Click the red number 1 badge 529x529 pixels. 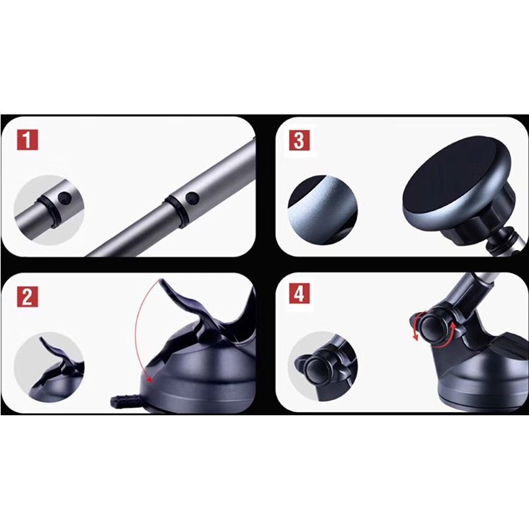[x=27, y=140]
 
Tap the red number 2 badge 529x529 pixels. [x=27, y=296]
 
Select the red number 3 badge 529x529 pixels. [x=300, y=140]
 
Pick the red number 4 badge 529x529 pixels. [x=300, y=293]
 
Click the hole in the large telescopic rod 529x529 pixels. [x=192, y=198]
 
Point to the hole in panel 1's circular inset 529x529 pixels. [x=64, y=199]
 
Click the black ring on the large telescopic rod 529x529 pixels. [x=173, y=210]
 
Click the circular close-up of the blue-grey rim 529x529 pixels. [x=323, y=210]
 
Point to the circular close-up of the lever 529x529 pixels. [x=49, y=367]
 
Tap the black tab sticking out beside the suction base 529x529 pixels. [x=124, y=401]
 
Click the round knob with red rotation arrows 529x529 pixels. [x=432, y=329]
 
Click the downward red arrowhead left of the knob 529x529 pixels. [x=417, y=336]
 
